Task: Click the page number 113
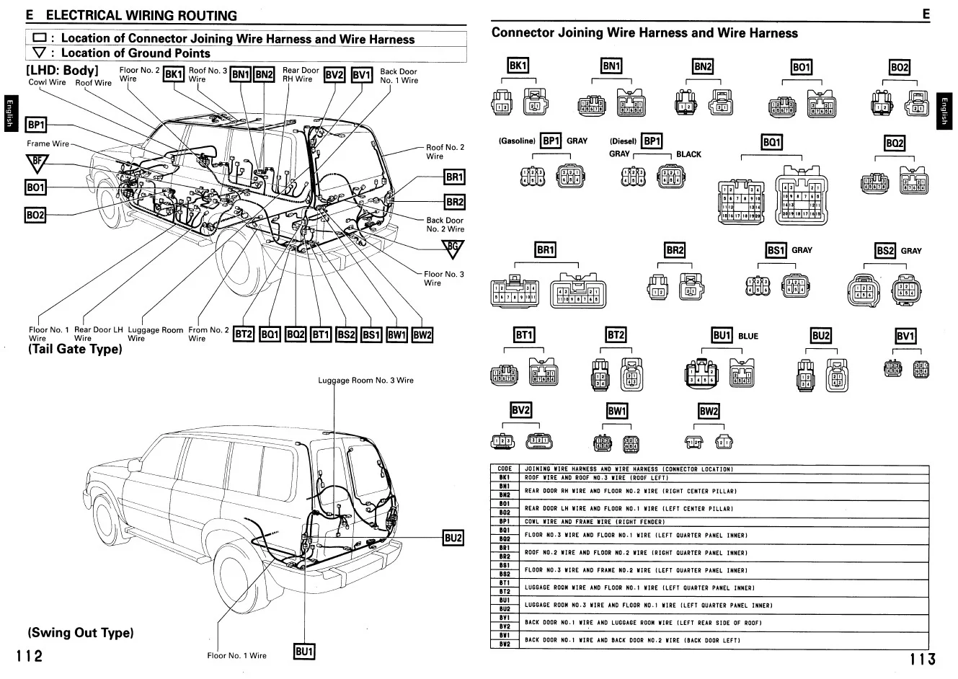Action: click(922, 658)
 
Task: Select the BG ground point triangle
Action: click(453, 249)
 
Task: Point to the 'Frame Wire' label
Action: click(48, 143)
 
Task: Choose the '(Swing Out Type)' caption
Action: click(81, 633)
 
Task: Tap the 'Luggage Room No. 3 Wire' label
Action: click(365, 380)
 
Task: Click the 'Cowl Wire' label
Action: click(47, 82)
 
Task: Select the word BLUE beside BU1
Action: click(748, 336)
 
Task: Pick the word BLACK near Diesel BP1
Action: click(688, 154)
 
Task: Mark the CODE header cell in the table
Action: click(505, 469)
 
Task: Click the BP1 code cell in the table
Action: click(505, 521)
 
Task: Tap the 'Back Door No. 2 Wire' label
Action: click(445, 225)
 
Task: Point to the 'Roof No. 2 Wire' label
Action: click(445, 151)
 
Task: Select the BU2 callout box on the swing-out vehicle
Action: click(453, 538)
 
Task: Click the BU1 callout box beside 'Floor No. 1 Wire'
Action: click(304, 652)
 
